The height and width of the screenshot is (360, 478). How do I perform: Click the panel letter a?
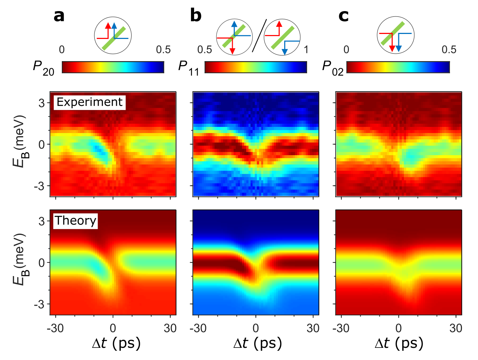[x=59, y=16]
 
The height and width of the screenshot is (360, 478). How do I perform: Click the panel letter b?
[x=196, y=16]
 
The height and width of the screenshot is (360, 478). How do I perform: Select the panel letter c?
[x=343, y=16]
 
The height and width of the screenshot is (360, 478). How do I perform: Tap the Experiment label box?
[x=89, y=102]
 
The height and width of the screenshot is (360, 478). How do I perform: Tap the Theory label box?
[x=75, y=221]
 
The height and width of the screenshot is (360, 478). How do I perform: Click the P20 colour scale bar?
[x=113, y=67]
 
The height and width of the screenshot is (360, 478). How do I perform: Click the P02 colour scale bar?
[x=398, y=67]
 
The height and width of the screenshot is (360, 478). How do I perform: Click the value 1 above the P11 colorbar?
[x=306, y=49]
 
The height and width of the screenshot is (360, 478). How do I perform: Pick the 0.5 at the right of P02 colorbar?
[x=449, y=49]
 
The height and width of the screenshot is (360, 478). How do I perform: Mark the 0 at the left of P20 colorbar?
[x=62, y=49]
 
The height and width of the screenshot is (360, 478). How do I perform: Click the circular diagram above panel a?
[x=113, y=35]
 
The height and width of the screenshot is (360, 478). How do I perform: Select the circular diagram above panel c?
[x=396, y=35]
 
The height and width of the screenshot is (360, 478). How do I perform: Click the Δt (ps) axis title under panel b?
[x=258, y=344]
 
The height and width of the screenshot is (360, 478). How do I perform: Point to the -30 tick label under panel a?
[x=55, y=328]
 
